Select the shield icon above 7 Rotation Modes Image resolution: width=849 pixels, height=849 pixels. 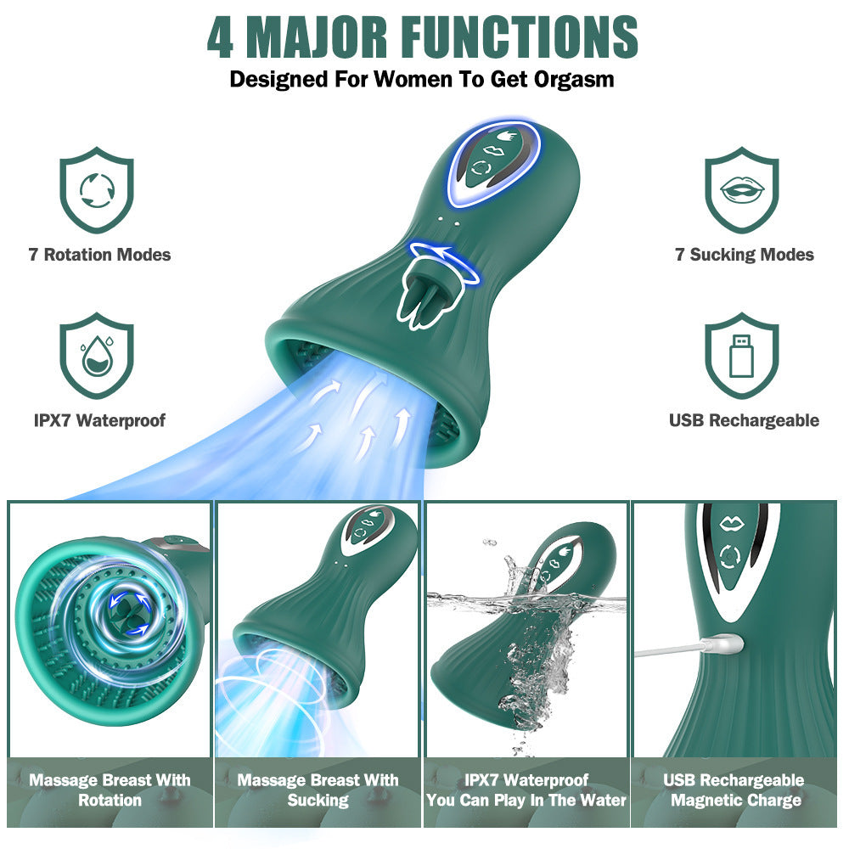click(x=97, y=190)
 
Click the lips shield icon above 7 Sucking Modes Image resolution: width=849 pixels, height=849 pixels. click(x=742, y=190)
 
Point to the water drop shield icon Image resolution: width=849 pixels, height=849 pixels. click(x=97, y=356)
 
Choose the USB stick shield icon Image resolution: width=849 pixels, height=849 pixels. click(x=742, y=356)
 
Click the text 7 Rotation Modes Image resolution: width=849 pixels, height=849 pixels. click(x=99, y=255)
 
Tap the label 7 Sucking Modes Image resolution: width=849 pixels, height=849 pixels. click(x=745, y=255)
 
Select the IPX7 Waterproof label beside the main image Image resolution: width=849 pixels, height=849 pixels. click(x=99, y=420)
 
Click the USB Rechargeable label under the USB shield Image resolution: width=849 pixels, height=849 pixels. click(x=745, y=420)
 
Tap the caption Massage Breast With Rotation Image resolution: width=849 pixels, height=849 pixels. click(x=110, y=790)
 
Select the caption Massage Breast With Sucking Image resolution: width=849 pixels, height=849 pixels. click(x=318, y=790)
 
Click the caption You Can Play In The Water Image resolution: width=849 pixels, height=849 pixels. click(x=526, y=801)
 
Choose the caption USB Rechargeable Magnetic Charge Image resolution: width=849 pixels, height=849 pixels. click(x=734, y=790)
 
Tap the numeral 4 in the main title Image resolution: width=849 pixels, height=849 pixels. click(x=221, y=37)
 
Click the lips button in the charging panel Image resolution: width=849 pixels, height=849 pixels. click(x=731, y=524)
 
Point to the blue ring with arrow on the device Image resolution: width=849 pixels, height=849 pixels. click(x=444, y=264)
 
